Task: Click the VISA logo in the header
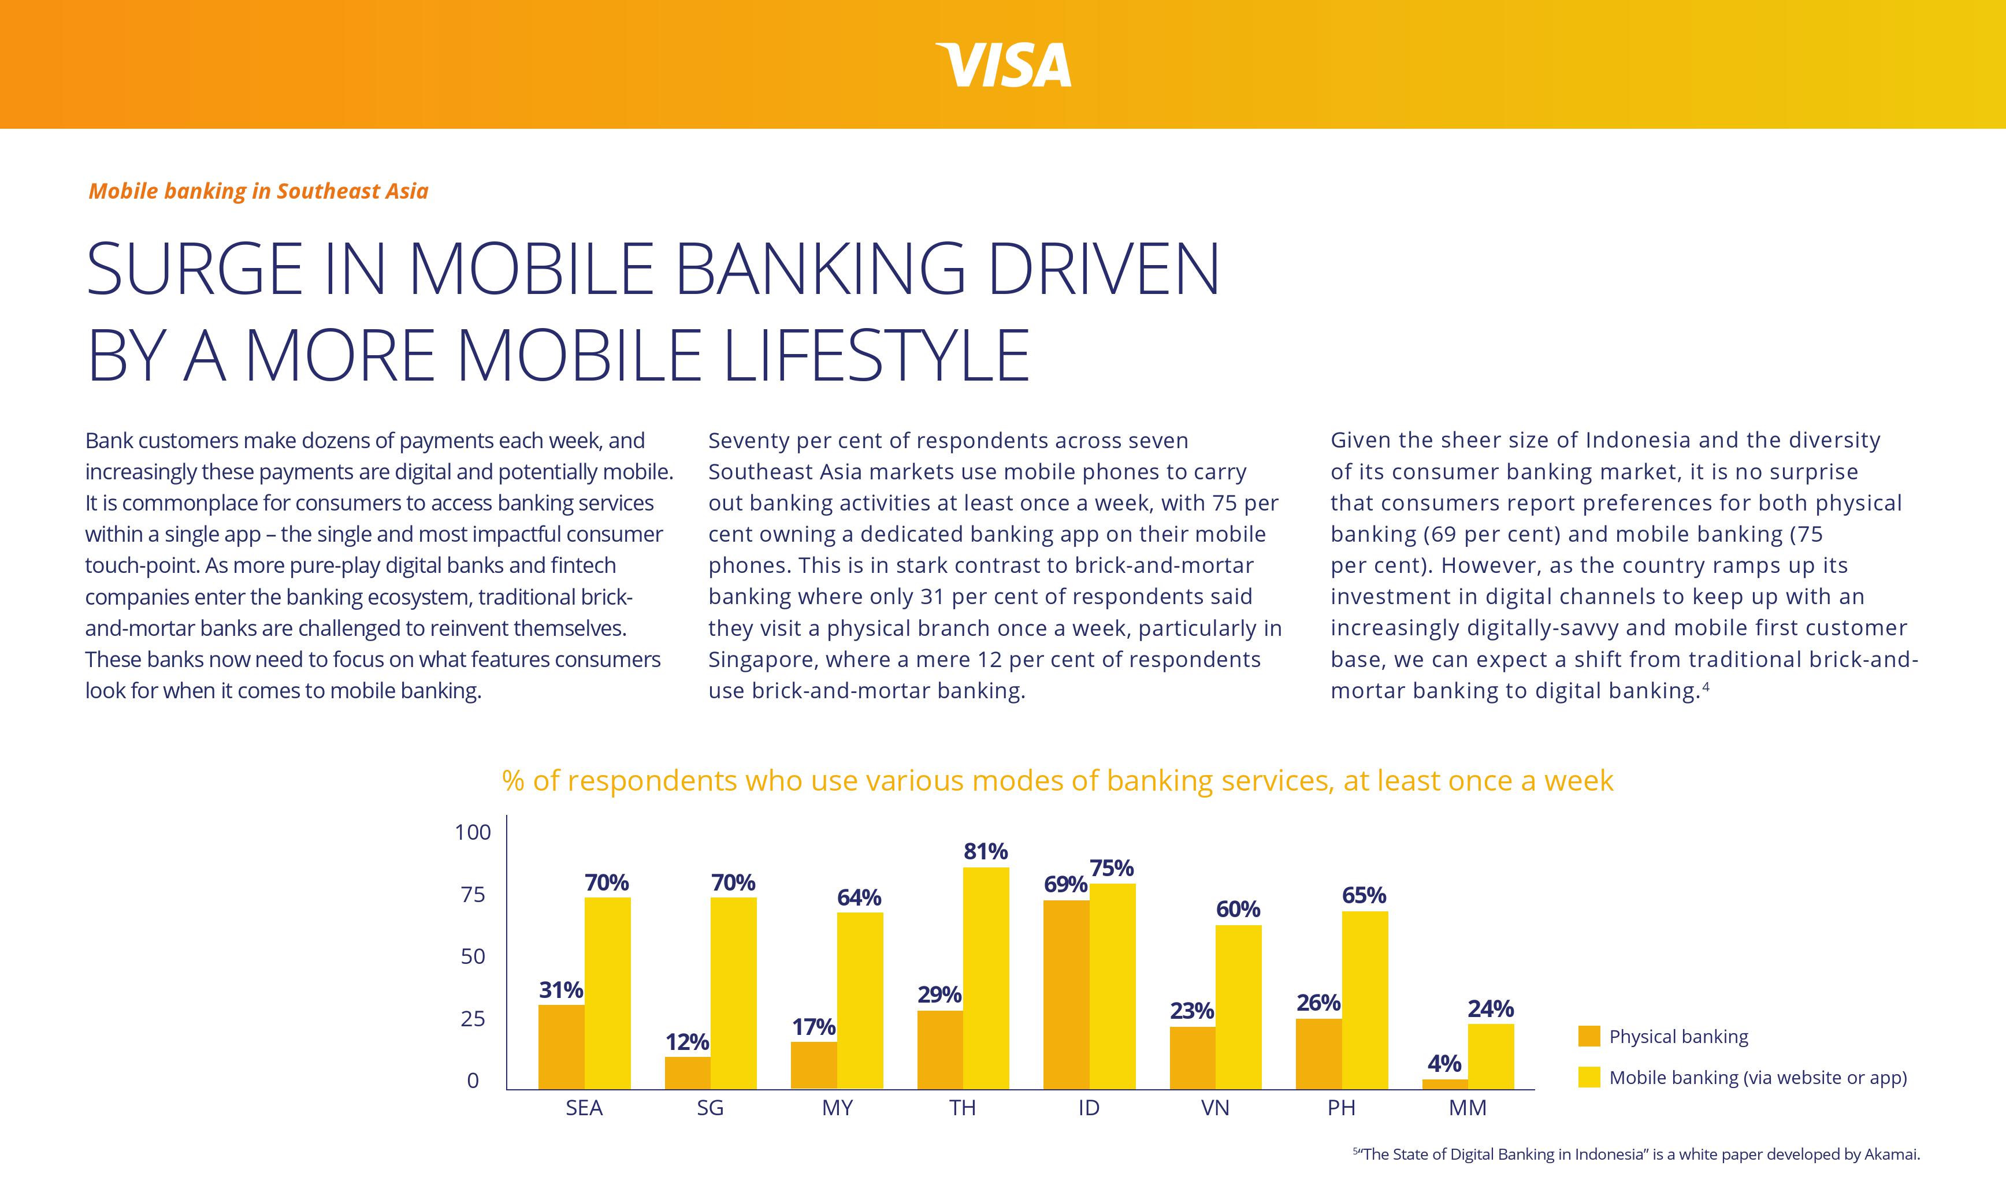(x=1004, y=65)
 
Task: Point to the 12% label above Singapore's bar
(x=687, y=1042)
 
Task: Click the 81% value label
(x=985, y=851)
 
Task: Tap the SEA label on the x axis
(x=584, y=1108)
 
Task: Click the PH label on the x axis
(x=1341, y=1108)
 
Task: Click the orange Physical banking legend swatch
(x=1588, y=1036)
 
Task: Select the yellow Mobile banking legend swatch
(x=1588, y=1077)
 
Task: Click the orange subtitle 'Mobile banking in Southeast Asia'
(x=258, y=191)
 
